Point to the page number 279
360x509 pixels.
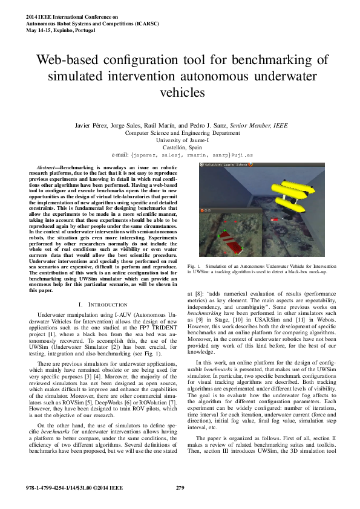click(x=180, y=487)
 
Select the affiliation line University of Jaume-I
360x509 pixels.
click(x=180, y=140)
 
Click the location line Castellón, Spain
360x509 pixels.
click(x=180, y=147)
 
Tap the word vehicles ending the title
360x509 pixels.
click(x=180, y=93)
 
